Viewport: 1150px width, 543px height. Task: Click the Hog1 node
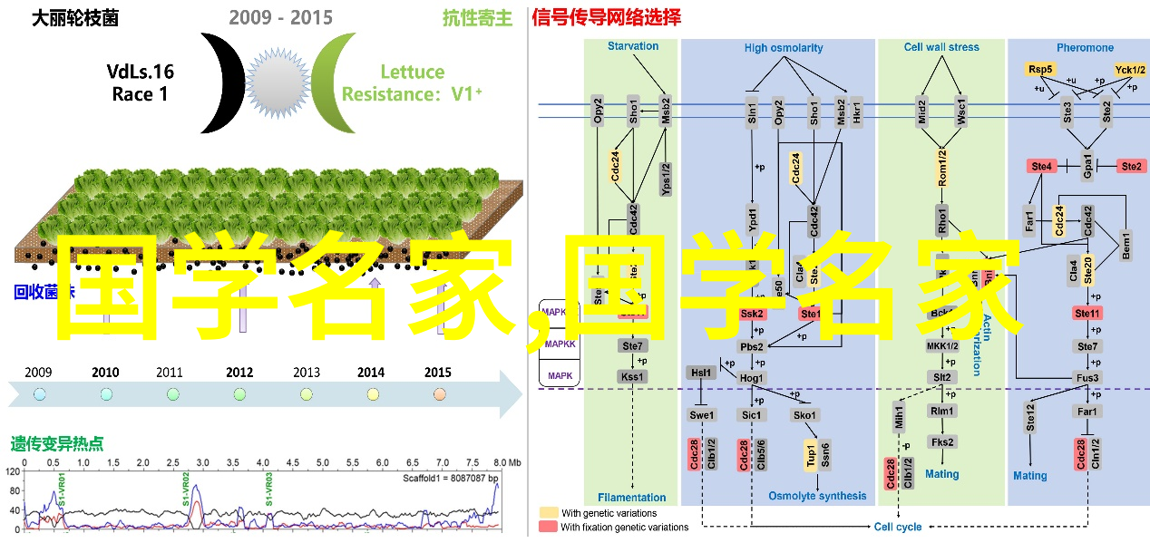tap(752, 378)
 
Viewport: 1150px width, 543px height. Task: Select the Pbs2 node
tap(752, 346)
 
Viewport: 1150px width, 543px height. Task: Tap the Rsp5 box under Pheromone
tap(1040, 69)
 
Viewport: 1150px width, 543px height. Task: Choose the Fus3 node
tap(1087, 378)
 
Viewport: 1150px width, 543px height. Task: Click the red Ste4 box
tap(1041, 166)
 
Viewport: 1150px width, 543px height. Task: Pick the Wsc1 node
tap(960, 112)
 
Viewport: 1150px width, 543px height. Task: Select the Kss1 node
tap(632, 376)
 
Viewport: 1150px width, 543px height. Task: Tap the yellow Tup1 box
tap(810, 455)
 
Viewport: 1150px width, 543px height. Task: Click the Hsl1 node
tap(701, 373)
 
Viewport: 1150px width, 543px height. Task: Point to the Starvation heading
tap(633, 47)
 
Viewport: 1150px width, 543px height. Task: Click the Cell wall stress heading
tap(941, 47)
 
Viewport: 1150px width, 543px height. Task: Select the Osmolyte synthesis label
tap(817, 496)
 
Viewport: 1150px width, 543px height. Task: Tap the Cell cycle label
tap(897, 527)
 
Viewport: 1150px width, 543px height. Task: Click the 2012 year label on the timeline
tap(239, 372)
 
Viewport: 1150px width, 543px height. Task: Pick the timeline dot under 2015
tap(440, 394)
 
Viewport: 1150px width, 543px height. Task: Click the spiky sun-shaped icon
tap(277, 82)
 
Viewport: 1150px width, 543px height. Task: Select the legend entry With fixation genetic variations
tap(623, 527)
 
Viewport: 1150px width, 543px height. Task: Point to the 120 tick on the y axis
tap(13, 471)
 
